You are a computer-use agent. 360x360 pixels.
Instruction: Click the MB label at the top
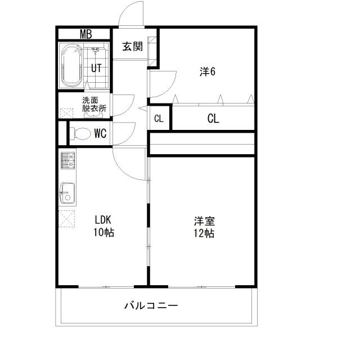[85, 34]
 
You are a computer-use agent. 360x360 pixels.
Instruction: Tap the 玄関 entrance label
[133, 47]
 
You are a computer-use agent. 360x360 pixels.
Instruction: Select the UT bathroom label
[96, 69]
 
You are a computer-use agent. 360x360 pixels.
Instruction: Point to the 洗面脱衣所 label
[94, 105]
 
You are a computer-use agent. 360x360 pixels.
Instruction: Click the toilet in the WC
[81, 134]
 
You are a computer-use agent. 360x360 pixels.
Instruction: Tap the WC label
[100, 134]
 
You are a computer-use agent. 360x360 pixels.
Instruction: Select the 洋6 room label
[207, 71]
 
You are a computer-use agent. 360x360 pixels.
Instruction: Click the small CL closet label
[159, 119]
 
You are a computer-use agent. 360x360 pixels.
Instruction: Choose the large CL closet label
[213, 119]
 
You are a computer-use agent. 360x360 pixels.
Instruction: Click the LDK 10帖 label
[104, 225]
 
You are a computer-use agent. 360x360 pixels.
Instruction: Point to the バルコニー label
[151, 306]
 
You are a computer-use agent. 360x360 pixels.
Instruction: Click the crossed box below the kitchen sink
[66, 217]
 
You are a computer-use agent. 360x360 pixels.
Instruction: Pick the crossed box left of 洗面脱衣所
[65, 112]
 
